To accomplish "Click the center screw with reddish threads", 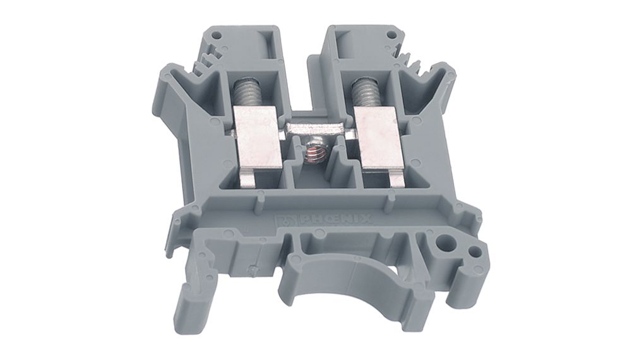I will (x=314, y=152).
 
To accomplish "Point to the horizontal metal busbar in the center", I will (x=318, y=128).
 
